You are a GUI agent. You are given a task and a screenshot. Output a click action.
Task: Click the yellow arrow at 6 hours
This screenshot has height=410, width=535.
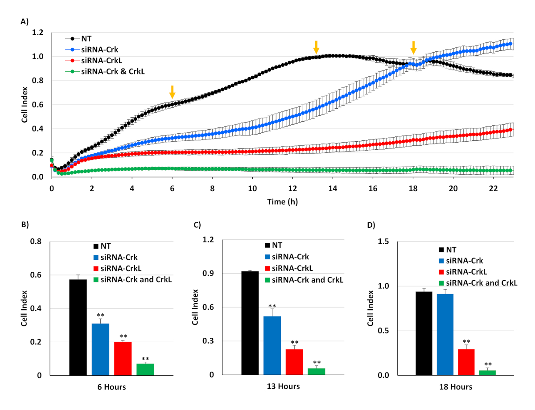click(x=172, y=92)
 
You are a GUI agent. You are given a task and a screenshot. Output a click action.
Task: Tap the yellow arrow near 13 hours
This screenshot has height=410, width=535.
click(x=316, y=47)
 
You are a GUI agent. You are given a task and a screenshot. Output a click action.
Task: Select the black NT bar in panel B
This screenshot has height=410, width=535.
click(x=78, y=327)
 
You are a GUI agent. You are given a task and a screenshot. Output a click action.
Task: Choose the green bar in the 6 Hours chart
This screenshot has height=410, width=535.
click(x=145, y=369)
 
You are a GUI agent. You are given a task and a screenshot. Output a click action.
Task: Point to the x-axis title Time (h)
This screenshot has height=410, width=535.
click(x=282, y=201)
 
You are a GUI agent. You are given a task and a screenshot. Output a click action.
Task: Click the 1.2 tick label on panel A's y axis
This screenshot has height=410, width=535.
click(x=37, y=33)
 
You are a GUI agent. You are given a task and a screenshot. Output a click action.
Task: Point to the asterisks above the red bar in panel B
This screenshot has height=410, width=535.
click(x=123, y=336)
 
